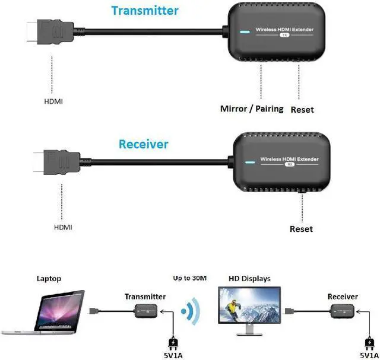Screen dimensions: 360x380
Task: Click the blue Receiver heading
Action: click(143, 144)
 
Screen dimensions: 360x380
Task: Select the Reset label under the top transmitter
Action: click(302, 110)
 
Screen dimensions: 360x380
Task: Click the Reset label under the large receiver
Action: click(301, 229)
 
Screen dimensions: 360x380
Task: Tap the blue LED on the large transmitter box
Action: click(242, 33)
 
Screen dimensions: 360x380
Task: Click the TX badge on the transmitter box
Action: click(286, 36)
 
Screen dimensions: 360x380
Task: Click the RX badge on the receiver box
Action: click(290, 165)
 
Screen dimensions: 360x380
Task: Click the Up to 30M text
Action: click(189, 278)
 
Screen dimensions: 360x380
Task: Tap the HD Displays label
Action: click(249, 279)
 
